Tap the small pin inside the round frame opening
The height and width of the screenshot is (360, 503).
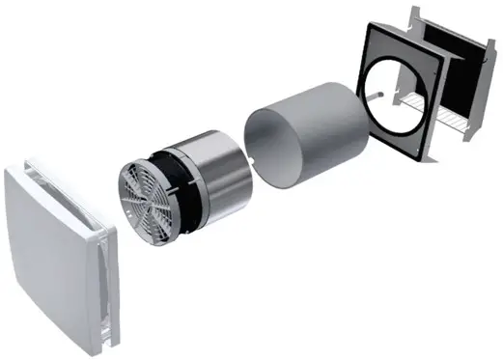(x=375, y=95)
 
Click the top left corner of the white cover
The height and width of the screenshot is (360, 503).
(x=12, y=172)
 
